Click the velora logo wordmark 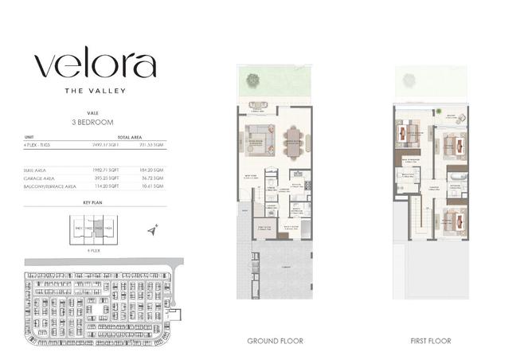95,65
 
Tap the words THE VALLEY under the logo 94,91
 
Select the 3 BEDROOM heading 94,123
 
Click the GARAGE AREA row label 39,178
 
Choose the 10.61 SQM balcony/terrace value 152,186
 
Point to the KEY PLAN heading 94,204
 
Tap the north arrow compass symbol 154,229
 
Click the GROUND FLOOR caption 273,341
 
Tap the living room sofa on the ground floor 259,141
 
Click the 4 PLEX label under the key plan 93,249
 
